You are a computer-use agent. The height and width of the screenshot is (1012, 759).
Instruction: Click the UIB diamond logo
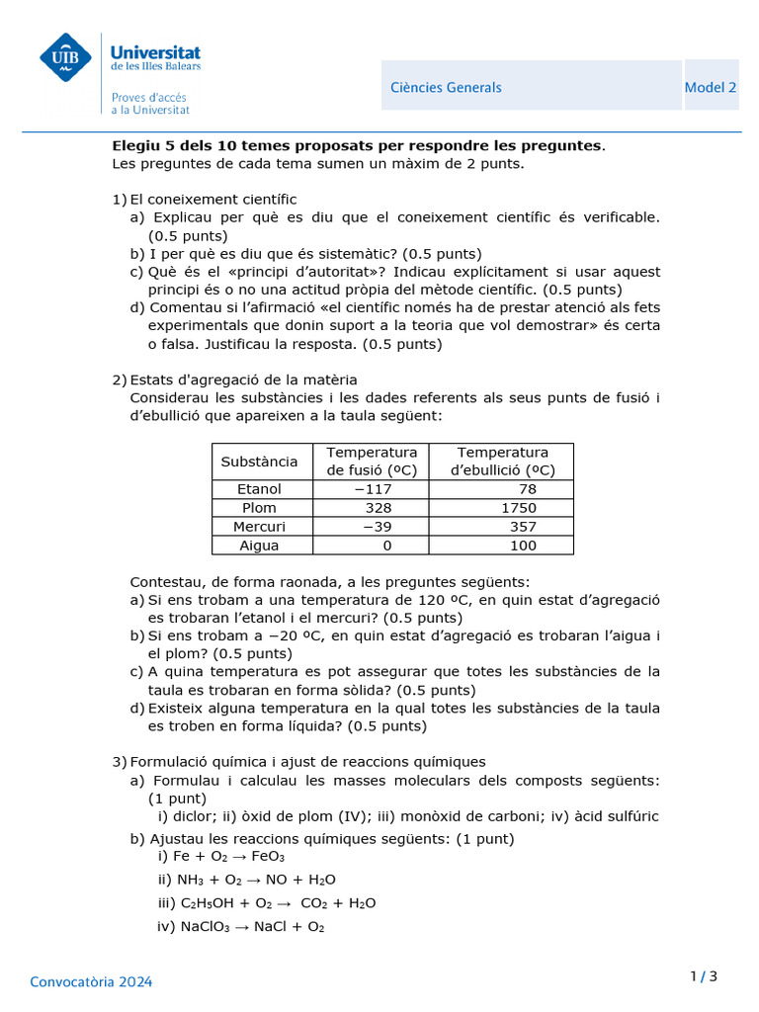click(x=65, y=57)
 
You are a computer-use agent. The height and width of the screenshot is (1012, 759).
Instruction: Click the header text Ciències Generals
click(x=446, y=87)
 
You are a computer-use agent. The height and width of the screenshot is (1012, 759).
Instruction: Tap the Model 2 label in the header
click(x=710, y=87)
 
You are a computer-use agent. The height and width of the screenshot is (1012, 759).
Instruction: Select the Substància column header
click(x=259, y=462)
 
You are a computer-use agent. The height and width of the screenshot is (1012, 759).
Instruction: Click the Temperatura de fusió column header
click(x=372, y=462)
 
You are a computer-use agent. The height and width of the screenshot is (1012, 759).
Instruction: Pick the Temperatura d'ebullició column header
click(x=502, y=462)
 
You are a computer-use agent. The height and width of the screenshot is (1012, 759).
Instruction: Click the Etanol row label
click(x=259, y=489)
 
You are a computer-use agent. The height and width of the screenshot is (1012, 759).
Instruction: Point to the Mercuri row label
click(x=259, y=527)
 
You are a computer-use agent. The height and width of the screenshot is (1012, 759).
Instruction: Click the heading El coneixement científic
click(x=212, y=200)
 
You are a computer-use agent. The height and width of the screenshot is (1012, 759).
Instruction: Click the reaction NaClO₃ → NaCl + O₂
click(x=240, y=927)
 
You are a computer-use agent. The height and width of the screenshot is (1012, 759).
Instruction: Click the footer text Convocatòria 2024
click(x=91, y=982)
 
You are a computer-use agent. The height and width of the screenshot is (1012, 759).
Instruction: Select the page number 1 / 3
click(x=703, y=977)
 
